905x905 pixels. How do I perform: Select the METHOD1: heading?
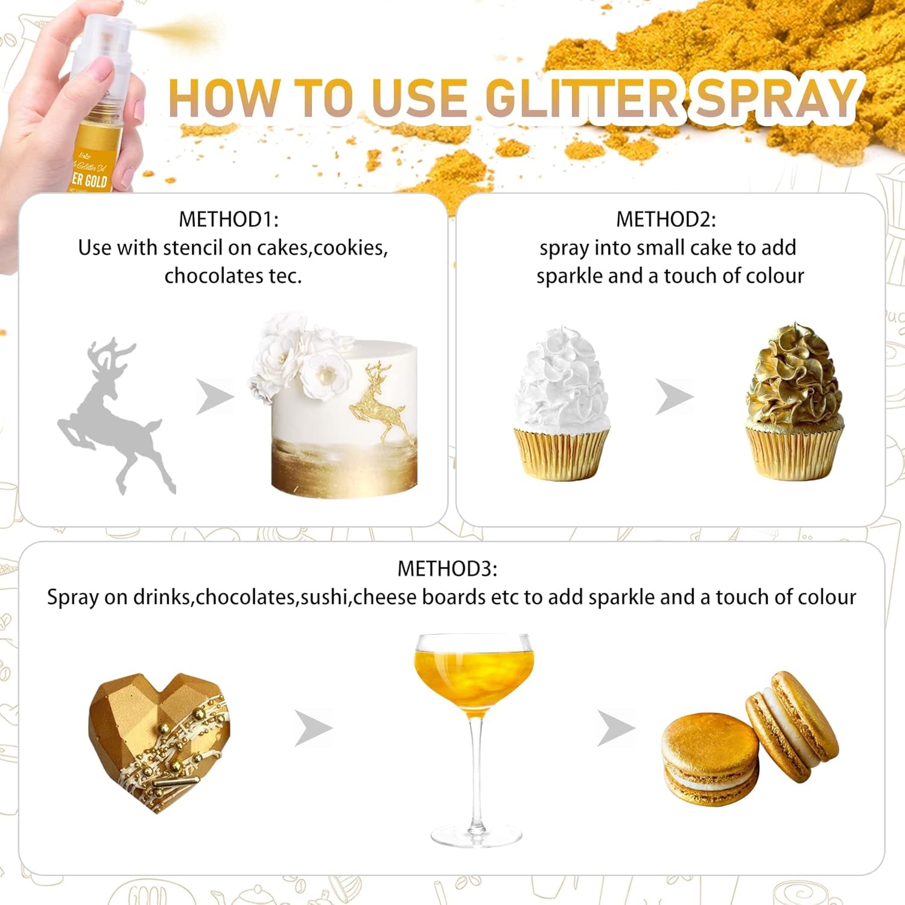[x=229, y=219]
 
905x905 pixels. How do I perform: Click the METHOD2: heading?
[x=665, y=219]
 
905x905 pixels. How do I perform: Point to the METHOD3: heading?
[x=447, y=568]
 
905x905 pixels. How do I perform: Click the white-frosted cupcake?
[x=562, y=404]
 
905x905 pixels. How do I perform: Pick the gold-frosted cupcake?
[x=794, y=404]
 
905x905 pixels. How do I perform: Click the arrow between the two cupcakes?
[x=674, y=397]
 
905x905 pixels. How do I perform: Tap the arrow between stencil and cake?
[x=214, y=397]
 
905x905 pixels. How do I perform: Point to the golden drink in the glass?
[x=474, y=670]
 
